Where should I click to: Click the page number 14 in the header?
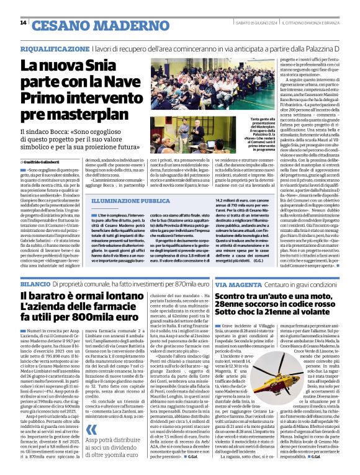[x=24, y=23]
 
